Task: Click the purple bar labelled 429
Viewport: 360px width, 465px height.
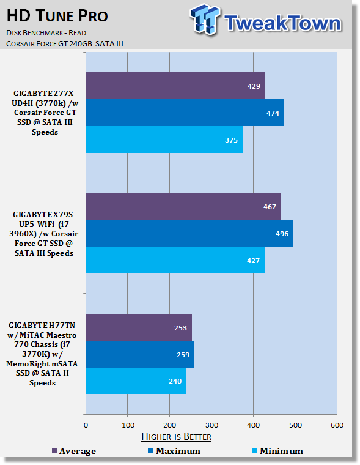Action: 175,86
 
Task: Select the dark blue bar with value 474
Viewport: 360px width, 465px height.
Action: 185,113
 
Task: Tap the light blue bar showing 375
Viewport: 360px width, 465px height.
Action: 164,139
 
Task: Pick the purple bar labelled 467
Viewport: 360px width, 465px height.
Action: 183,206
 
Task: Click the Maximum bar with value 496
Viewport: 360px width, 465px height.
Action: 189,233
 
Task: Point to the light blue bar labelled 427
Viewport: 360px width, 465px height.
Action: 175,260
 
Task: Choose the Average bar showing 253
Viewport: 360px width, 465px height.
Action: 139,327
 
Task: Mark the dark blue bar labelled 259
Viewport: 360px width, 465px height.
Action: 140,354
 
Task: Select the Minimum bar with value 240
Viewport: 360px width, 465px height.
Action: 136,381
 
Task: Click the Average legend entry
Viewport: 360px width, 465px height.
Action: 74,451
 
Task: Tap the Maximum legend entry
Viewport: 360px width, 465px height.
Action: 174,451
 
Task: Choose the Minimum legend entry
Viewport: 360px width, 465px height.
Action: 277,451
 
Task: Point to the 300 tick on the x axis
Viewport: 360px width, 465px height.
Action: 211,425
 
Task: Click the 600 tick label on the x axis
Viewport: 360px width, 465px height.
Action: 337,425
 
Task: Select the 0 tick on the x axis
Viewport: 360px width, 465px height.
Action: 86,425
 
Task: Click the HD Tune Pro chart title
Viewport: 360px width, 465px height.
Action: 57,16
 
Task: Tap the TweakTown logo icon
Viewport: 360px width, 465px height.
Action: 205,20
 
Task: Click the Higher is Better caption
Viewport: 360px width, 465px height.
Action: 176,437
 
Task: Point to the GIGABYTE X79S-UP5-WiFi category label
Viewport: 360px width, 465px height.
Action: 43,233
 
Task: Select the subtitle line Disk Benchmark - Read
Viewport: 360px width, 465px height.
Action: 46,32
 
